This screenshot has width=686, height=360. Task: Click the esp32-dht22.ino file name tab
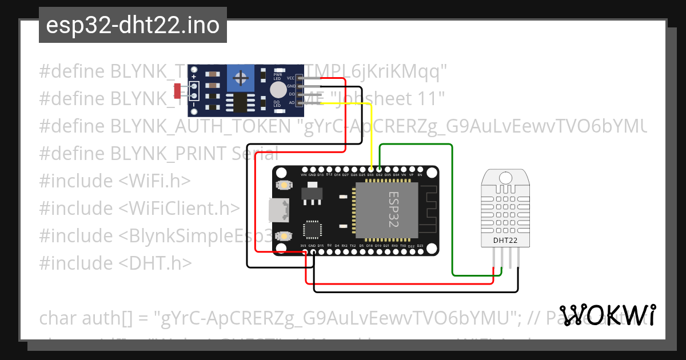tap(133, 25)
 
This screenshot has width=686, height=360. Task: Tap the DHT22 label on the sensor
tap(505, 241)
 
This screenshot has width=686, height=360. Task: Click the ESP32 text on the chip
tap(395, 209)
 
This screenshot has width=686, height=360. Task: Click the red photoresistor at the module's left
tap(177, 90)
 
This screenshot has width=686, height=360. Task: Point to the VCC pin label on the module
tap(291, 78)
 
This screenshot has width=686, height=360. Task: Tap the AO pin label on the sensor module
tap(292, 102)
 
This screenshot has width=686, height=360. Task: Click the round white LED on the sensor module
tap(278, 89)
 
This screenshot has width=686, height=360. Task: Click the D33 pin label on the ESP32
tap(370, 174)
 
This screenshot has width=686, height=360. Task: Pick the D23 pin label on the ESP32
tap(420, 246)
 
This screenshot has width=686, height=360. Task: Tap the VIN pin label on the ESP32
tap(304, 174)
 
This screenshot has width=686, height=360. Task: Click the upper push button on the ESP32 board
tap(283, 185)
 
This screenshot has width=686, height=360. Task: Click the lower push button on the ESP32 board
tap(283, 235)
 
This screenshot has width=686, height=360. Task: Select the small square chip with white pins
tap(312, 230)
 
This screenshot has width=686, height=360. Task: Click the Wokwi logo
tap(608, 315)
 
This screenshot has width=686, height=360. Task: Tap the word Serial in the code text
tap(256, 154)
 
